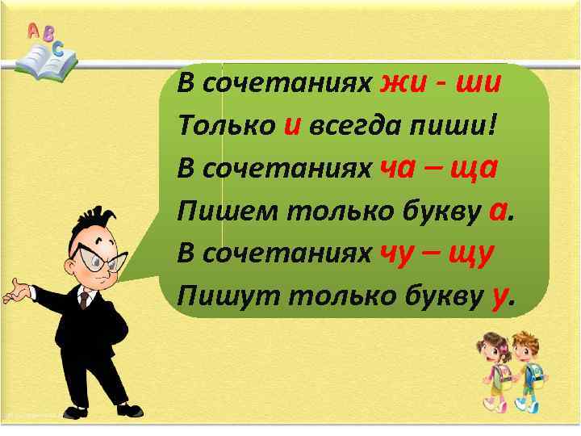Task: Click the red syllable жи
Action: point(403,82)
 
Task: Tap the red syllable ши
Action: point(479,82)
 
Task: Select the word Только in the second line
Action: point(225,126)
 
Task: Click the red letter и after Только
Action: point(293,127)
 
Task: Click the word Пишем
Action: point(221,212)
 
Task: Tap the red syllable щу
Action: point(475,257)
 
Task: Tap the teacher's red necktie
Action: point(83,301)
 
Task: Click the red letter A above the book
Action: point(33,31)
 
